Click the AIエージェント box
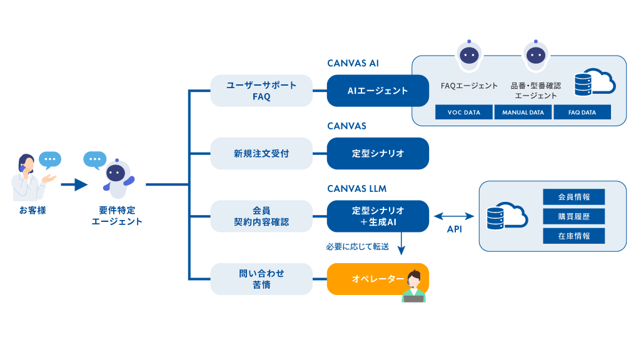pos(378,91)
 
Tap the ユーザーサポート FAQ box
pos(261,91)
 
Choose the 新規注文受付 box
pos(261,153)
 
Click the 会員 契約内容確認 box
pos(261,216)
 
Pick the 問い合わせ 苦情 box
pos(261,279)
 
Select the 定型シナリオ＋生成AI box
pos(378,216)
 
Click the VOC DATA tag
pos(464,112)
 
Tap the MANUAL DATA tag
pos(523,112)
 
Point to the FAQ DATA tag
pos(582,112)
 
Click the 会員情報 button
pos(573,197)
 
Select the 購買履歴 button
pos(573,216)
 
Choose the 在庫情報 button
pos(573,236)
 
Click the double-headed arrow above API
pos(454,216)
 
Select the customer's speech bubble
pos(50,159)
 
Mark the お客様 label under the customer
pos(33,211)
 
